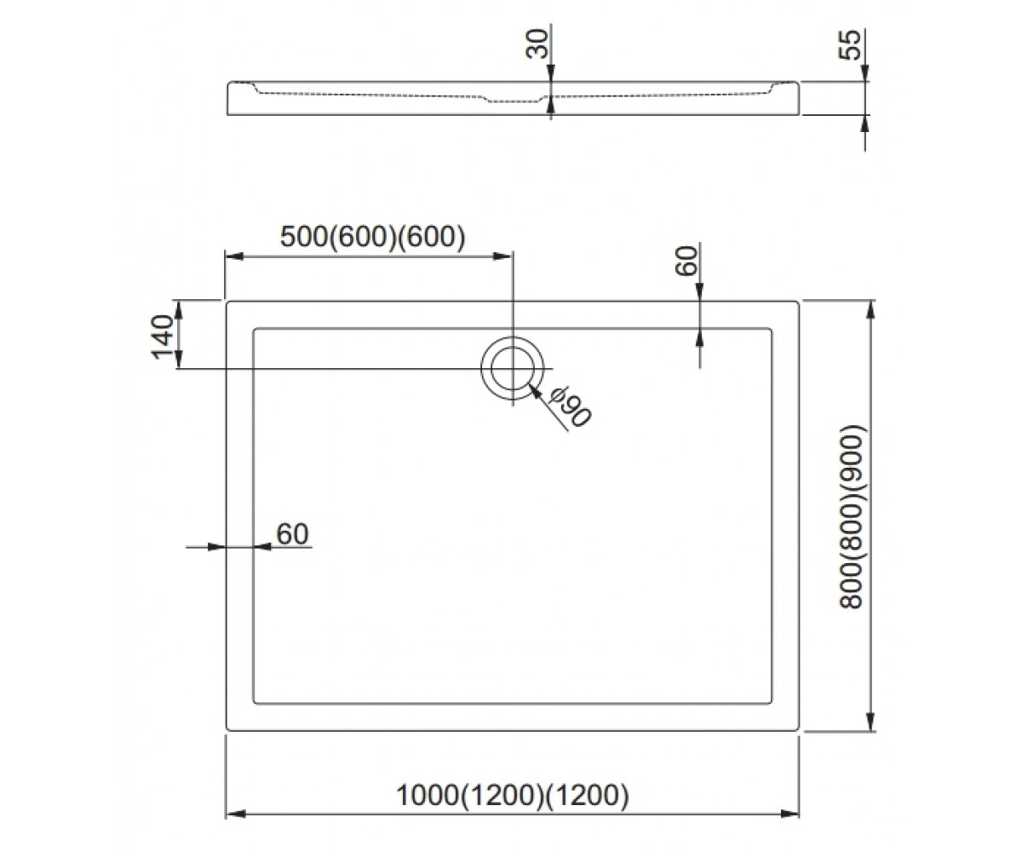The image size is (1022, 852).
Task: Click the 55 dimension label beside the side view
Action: [x=850, y=45]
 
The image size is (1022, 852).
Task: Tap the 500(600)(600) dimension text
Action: [x=372, y=237]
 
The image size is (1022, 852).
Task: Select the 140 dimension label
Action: [x=163, y=337]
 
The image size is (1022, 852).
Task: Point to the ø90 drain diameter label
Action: [x=570, y=406]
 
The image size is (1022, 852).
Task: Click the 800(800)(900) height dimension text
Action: [x=853, y=517]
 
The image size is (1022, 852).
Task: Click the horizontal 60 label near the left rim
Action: [x=293, y=533]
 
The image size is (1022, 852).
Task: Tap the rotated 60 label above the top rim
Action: [x=686, y=261]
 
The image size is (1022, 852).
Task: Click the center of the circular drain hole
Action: [x=513, y=368]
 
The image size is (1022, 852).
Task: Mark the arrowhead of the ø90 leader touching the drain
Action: [x=535, y=392]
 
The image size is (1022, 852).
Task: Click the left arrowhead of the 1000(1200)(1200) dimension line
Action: [x=236, y=814]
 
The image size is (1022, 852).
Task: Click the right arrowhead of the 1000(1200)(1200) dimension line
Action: [x=789, y=814]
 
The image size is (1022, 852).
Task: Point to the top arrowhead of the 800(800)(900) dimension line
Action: [x=870, y=311]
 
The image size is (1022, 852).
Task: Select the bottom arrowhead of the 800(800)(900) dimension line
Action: [x=870, y=721]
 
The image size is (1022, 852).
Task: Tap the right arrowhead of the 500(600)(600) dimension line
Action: [x=502, y=256]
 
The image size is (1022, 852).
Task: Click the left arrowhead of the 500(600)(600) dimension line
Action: [x=235, y=256]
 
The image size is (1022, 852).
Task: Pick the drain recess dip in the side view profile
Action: [x=514, y=100]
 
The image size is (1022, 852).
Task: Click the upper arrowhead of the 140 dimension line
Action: [x=179, y=311]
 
